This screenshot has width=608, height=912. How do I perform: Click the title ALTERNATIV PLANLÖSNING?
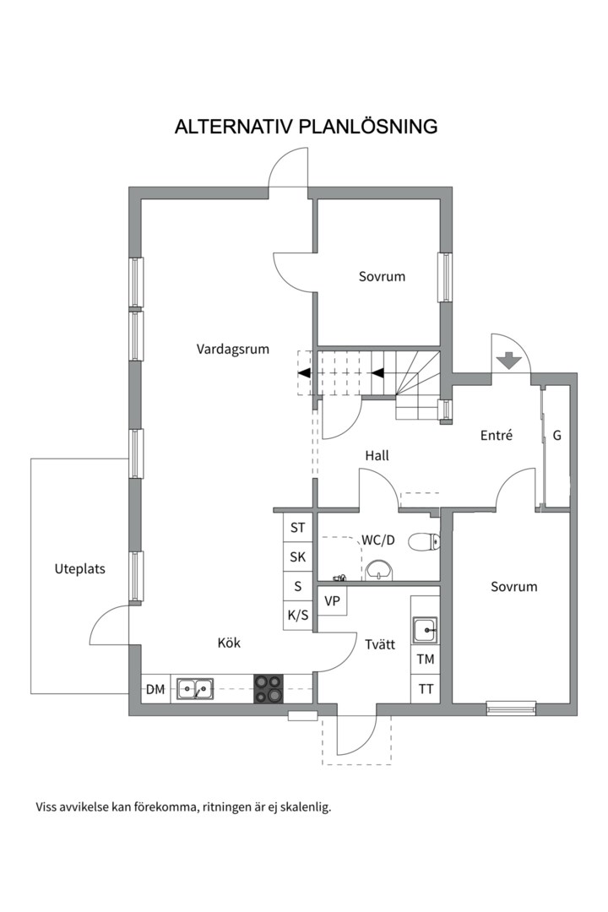[306, 126]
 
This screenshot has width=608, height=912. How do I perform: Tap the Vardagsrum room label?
[233, 350]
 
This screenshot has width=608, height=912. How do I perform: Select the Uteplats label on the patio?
[79, 569]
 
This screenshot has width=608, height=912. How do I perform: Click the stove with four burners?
[269, 689]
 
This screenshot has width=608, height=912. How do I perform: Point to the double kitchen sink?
[195, 689]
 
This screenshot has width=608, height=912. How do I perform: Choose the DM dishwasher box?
[155, 689]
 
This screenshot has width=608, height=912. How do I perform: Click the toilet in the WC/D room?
[424, 542]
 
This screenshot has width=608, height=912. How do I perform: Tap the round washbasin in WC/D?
[380, 571]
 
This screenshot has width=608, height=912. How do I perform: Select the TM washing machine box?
[426, 660]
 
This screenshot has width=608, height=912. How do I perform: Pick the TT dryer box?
[426, 689]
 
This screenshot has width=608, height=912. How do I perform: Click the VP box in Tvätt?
[332, 601]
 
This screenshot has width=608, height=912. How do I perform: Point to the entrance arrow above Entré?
[510, 361]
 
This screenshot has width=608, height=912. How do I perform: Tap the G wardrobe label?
[556, 435]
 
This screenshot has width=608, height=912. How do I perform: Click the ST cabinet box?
[298, 528]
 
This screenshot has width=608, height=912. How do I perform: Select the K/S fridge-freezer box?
[298, 615]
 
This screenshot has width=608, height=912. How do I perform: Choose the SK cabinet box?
[298, 556]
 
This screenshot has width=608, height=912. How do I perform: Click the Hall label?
[377, 455]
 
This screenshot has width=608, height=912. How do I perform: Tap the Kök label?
[229, 643]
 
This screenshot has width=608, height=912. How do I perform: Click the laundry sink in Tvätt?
[426, 630]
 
